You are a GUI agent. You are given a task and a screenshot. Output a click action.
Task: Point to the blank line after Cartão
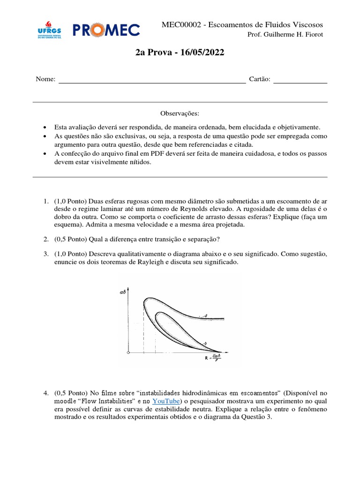(x=300, y=82)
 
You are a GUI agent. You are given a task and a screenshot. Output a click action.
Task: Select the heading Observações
(x=180, y=113)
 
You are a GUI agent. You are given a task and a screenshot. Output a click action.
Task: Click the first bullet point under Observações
(x=44, y=127)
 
